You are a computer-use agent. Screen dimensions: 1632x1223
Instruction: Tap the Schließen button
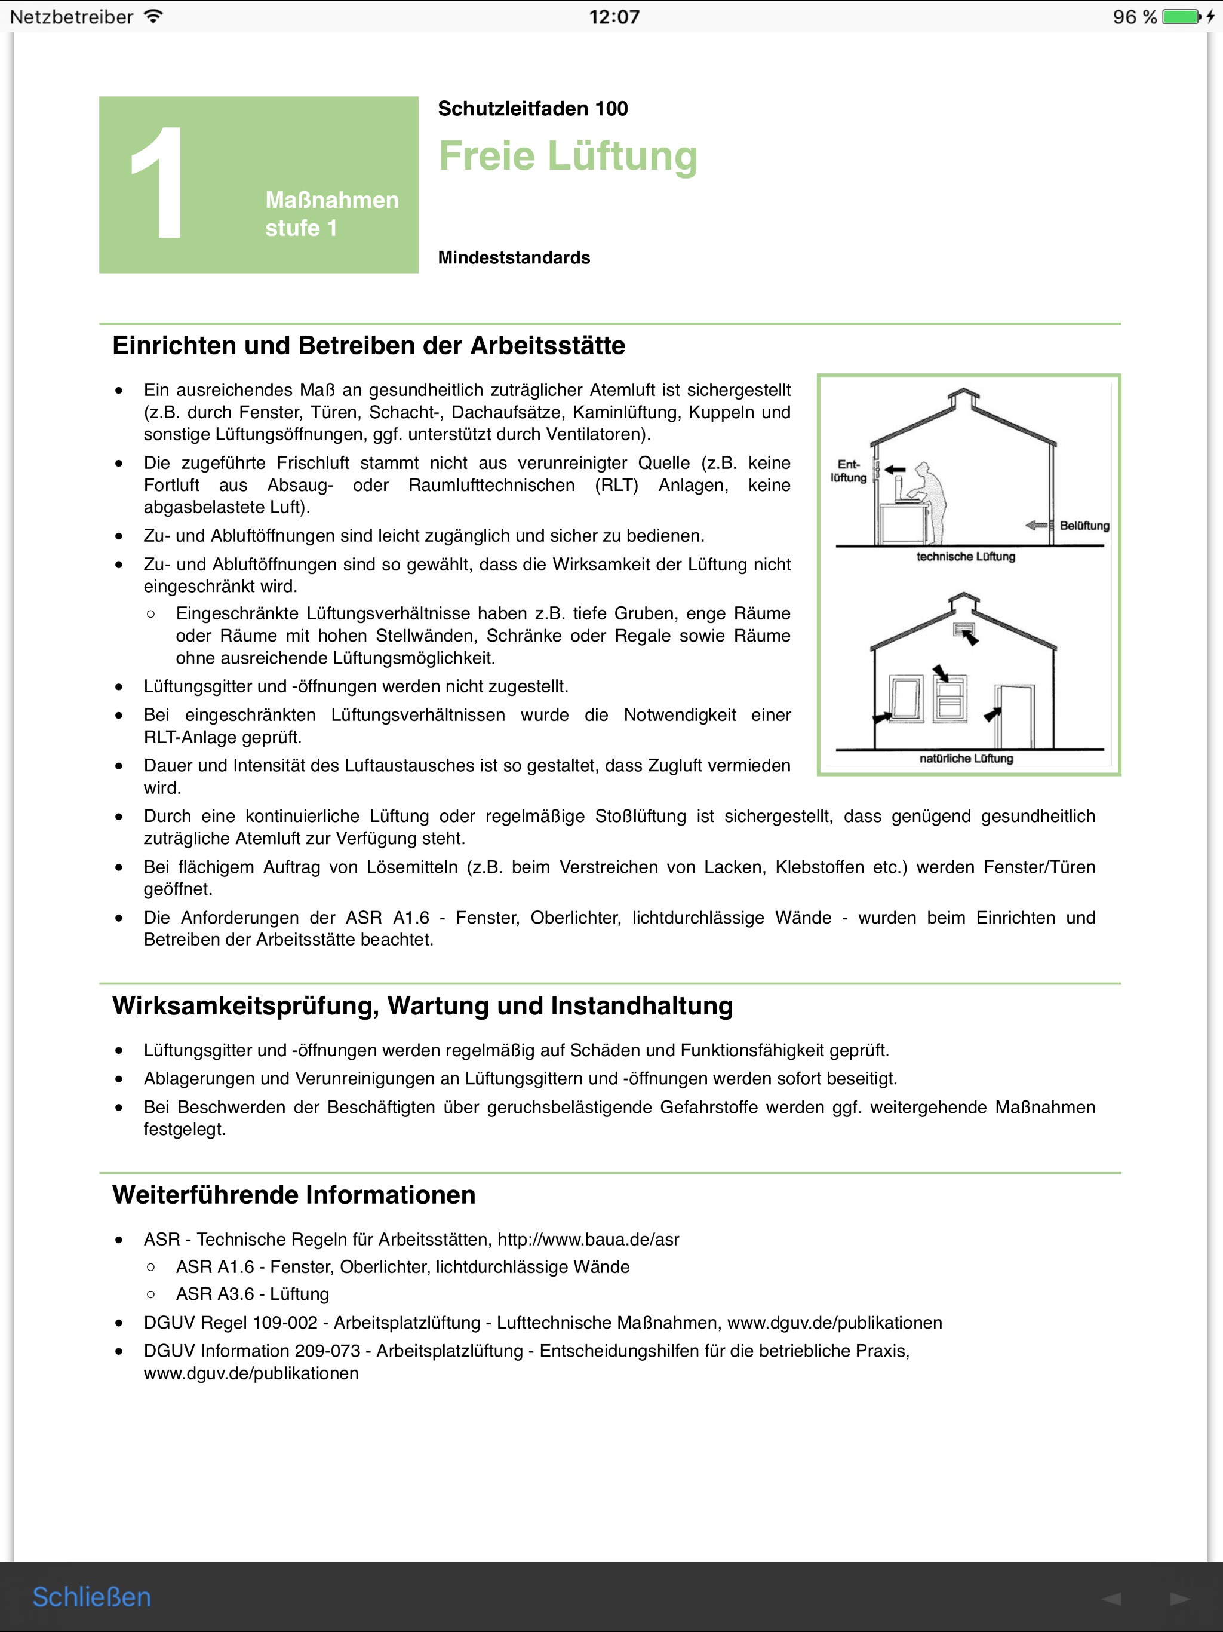91,1597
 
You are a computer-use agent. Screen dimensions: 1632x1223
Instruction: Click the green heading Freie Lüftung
567,157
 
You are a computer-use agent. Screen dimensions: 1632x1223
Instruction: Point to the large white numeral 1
157,182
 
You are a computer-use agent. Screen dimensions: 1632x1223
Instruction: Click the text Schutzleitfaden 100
533,109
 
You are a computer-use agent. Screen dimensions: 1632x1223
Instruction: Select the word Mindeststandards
514,257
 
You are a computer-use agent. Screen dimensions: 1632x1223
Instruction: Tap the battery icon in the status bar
1181,16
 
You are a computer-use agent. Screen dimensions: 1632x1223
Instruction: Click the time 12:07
614,16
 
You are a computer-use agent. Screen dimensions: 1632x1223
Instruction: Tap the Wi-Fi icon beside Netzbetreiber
153,16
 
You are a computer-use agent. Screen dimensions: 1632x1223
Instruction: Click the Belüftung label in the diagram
1084,525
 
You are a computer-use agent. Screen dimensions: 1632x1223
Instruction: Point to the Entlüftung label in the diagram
849,471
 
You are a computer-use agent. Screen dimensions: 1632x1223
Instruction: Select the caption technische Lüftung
966,556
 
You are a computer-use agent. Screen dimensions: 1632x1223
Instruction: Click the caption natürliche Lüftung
966,759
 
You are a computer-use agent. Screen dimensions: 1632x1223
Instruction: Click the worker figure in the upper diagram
929,502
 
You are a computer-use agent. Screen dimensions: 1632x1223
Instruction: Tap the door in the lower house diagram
1015,716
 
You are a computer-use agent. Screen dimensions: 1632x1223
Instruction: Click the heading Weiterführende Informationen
294,1195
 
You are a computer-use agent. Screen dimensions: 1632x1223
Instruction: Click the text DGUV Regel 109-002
230,1323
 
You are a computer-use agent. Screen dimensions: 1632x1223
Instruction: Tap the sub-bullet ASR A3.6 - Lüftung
252,1294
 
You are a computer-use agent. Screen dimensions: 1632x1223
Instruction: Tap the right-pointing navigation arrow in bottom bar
1179,1598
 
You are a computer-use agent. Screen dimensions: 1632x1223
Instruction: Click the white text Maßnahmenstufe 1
331,214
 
